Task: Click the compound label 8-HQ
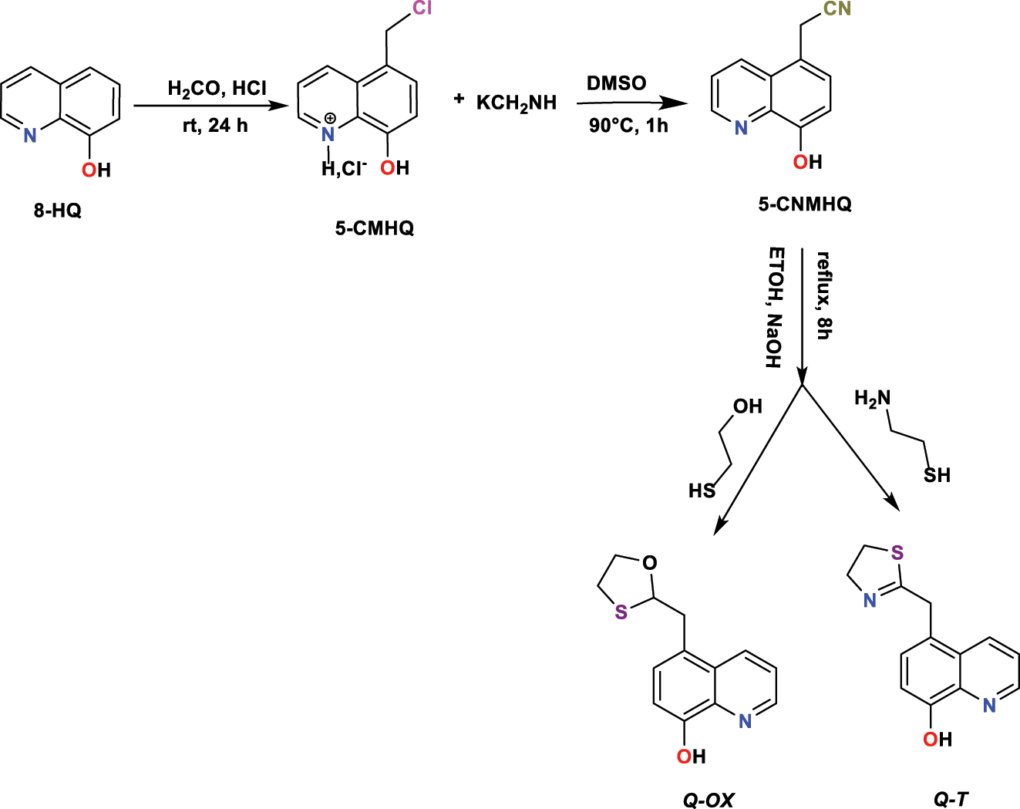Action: [57, 211]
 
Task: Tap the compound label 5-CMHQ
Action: [374, 228]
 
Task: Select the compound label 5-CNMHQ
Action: [805, 204]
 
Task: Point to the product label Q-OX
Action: [708, 800]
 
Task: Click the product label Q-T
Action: [951, 800]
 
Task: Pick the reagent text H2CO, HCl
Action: [217, 89]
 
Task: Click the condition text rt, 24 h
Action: [215, 125]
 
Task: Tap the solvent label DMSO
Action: [617, 83]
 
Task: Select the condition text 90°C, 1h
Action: [628, 125]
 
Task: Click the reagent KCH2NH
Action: [516, 103]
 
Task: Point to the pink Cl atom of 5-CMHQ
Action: [422, 8]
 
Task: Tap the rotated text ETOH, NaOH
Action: [775, 308]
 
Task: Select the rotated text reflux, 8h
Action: [823, 295]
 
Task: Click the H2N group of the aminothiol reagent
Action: [872, 399]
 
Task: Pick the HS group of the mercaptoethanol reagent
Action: [702, 490]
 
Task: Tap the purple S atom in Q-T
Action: [897, 553]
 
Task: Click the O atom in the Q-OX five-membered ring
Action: [650, 563]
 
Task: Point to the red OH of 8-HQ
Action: [96, 170]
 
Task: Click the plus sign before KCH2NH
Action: [459, 99]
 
